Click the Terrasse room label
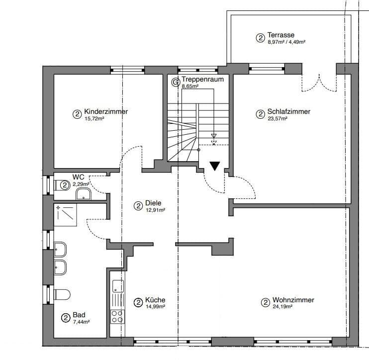[x=281, y=35]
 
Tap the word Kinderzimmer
[x=106, y=112]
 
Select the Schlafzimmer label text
[x=288, y=112]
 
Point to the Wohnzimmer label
[x=293, y=300]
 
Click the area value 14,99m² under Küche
[x=155, y=307]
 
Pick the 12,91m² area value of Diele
[x=155, y=210]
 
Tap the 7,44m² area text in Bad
[x=82, y=322]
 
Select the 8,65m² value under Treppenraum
[x=190, y=86]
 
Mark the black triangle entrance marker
[x=214, y=166]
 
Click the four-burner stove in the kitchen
[x=117, y=316]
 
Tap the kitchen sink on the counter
[x=118, y=286]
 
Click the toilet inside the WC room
[x=60, y=185]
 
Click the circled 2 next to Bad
[x=65, y=318]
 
